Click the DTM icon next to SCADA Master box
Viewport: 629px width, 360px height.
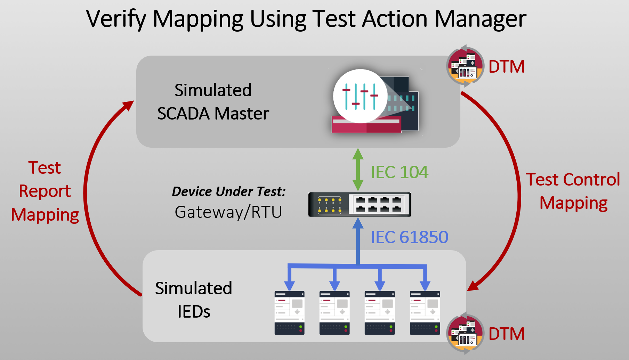465,66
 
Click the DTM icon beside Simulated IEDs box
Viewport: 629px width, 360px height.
465,334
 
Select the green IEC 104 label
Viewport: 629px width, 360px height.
399,172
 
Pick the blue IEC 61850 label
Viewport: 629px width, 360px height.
409,237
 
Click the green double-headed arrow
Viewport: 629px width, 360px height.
358,170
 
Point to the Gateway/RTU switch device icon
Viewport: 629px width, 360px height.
360,204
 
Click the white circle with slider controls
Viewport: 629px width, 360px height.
360,96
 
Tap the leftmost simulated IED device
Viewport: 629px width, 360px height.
289,313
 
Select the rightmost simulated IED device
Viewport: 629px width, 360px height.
425,313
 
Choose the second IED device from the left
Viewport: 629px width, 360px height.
334,313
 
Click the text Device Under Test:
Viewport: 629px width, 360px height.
228,191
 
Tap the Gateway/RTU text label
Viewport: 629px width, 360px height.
228,212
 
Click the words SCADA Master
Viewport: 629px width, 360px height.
213,114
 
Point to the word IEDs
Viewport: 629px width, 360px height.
194,312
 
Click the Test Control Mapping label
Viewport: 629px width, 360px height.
573,191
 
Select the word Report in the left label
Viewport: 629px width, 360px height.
45,191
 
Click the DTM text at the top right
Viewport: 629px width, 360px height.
506,67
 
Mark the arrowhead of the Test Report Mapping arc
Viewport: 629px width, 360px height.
129,105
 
